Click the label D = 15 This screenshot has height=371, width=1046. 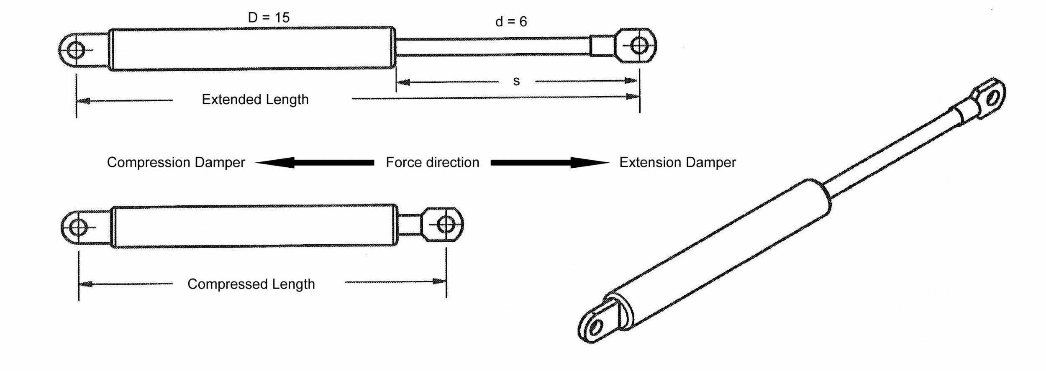click(269, 18)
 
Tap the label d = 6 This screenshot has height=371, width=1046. click(511, 22)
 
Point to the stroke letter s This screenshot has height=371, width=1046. click(516, 81)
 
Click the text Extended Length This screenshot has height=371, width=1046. click(255, 100)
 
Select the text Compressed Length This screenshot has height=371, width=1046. click(251, 284)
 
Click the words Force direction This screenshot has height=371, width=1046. click(432, 162)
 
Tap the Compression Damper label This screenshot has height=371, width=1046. click(176, 162)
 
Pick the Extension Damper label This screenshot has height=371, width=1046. click(677, 162)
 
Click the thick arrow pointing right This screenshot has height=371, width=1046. click(550, 162)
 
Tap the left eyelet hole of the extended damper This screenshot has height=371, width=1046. click(76, 51)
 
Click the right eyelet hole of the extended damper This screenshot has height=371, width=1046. click(639, 45)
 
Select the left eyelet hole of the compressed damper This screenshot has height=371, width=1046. click(78, 228)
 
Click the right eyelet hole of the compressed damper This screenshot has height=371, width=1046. click(446, 225)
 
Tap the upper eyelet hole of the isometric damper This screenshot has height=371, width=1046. click(992, 99)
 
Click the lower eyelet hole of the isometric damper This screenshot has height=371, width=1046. click(595, 327)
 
